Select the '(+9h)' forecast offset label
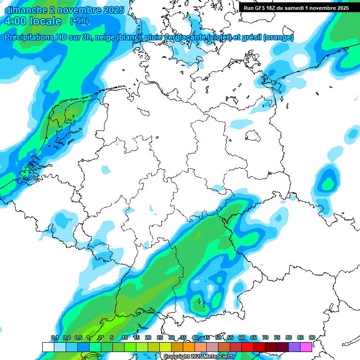(x=78, y=21)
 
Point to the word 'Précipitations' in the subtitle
(x=33, y=37)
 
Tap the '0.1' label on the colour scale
(x=54, y=338)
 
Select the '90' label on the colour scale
(x=312, y=338)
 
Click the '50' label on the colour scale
(x=218, y=338)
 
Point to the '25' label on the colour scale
(x=160, y=338)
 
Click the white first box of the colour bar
(x=48, y=347)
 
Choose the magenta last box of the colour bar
(x=306, y=347)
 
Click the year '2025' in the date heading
(x=111, y=10)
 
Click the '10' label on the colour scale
(x=125, y=338)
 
